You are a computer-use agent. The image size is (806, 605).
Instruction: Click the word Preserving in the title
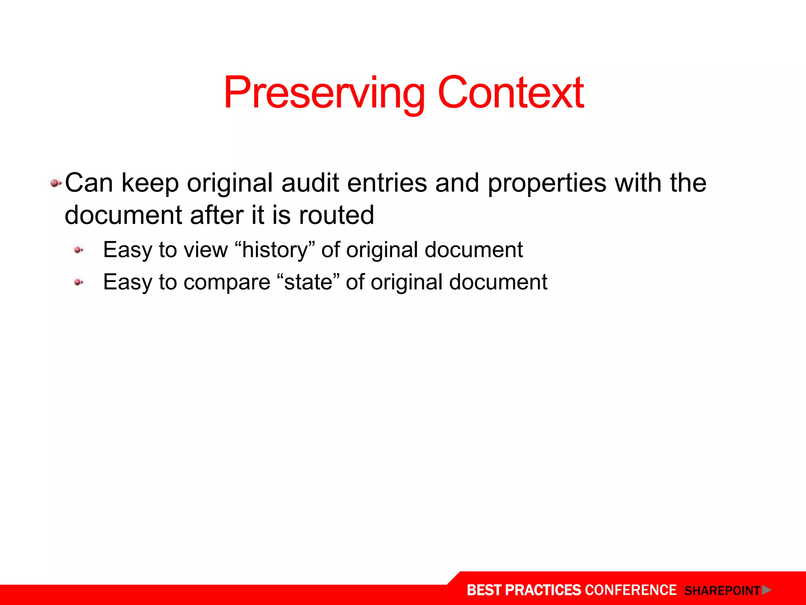(324, 94)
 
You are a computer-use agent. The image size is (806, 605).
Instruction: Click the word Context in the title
(510, 93)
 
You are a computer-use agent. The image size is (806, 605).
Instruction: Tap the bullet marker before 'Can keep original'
(55, 183)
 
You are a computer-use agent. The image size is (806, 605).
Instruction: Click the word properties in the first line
(547, 184)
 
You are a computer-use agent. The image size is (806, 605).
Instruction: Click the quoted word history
(275, 250)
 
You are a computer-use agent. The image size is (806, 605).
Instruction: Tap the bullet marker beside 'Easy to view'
(79, 250)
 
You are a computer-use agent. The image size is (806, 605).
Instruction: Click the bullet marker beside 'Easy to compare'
(79, 282)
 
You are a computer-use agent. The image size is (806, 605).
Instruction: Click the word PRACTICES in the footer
(543, 590)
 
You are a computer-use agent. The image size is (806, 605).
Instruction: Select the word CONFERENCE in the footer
(630, 590)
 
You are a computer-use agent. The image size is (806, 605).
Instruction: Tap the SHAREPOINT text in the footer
(722, 591)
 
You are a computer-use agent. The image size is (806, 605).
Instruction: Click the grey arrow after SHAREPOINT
(766, 590)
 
